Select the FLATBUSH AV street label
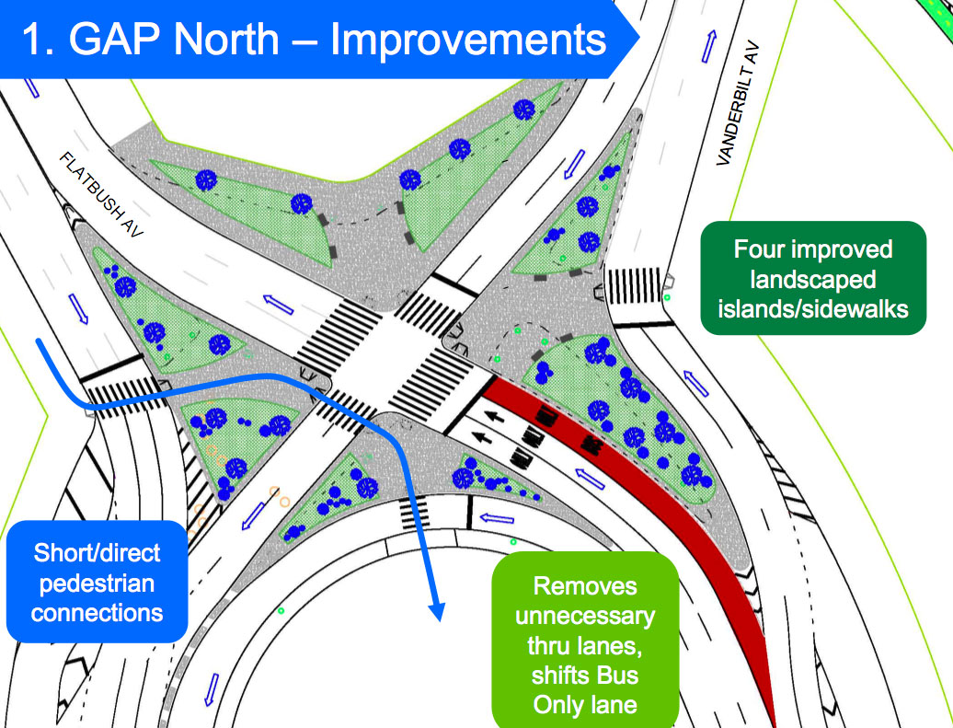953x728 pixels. click(102, 197)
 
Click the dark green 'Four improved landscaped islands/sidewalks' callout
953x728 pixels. click(812, 278)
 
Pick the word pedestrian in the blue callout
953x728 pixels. click(97, 583)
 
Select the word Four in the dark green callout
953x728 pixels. click(760, 249)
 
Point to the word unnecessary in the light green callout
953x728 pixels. click(585, 617)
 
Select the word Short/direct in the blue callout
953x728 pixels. click(97, 553)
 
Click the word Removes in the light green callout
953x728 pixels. click(585, 586)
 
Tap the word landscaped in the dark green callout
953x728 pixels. click(812, 278)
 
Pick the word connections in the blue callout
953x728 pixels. click(97, 612)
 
